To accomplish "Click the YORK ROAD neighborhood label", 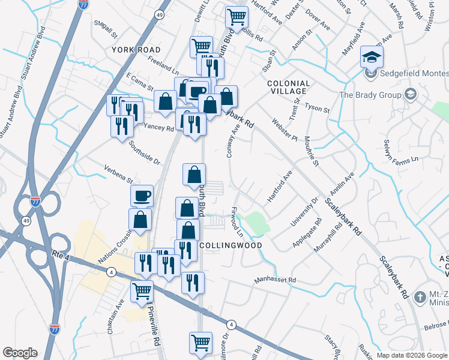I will pyautogui.click(x=135, y=49).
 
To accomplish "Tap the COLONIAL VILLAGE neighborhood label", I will pyautogui.click(x=289, y=88).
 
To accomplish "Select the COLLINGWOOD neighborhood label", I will pyautogui.click(x=231, y=245).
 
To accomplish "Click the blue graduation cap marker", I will pyautogui.click(x=372, y=58).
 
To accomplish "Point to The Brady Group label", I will pyautogui.click(x=372, y=95).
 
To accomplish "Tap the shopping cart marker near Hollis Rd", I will pyautogui.click(x=237, y=17).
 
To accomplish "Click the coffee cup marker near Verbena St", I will pyautogui.click(x=142, y=196).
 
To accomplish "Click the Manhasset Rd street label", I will pyautogui.click(x=275, y=280).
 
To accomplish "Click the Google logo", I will pyautogui.click(x=20, y=353).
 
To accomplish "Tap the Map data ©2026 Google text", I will pyautogui.click(x=412, y=355).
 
